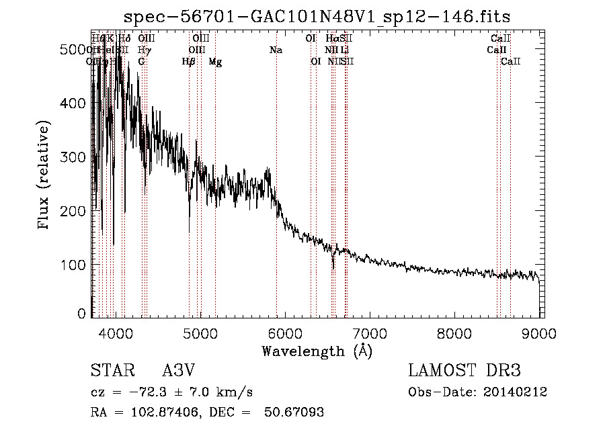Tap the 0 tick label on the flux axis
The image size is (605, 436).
[x=82, y=314]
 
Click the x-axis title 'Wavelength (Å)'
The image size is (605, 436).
[x=317, y=351]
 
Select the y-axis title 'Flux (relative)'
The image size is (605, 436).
[x=45, y=176]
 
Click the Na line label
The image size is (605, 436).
[x=276, y=50]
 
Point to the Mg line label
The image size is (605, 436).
[x=215, y=62]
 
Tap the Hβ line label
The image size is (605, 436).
[x=189, y=62]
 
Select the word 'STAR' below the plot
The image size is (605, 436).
[x=112, y=371]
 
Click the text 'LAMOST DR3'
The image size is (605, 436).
[x=465, y=371]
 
